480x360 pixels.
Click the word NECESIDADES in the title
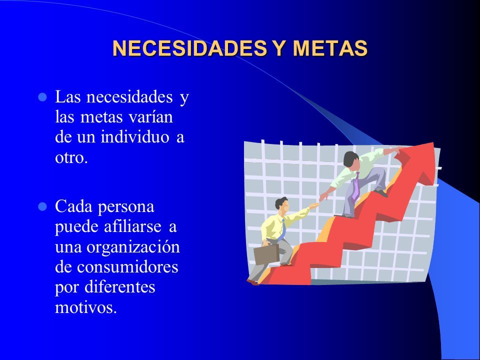(x=189, y=48)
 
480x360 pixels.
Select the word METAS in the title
(x=330, y=48)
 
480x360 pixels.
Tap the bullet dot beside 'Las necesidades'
(x=42, y=97)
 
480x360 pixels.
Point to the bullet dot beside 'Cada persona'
(x=42, y=207)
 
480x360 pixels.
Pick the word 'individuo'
(x=135, y=136)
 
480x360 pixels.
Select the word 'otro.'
(x=71, y=157)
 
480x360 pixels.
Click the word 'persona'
(x=126, y=207)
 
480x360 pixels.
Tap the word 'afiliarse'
(x=132, y=226)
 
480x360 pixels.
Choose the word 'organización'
(x=133, y=247)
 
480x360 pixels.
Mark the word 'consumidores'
(x=127, y=266)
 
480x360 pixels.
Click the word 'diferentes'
(x=119, y=287)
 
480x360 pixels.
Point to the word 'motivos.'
(x=86, y=307)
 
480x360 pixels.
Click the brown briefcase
(x=266, y=254)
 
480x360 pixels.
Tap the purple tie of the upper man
(x=355, y=185)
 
